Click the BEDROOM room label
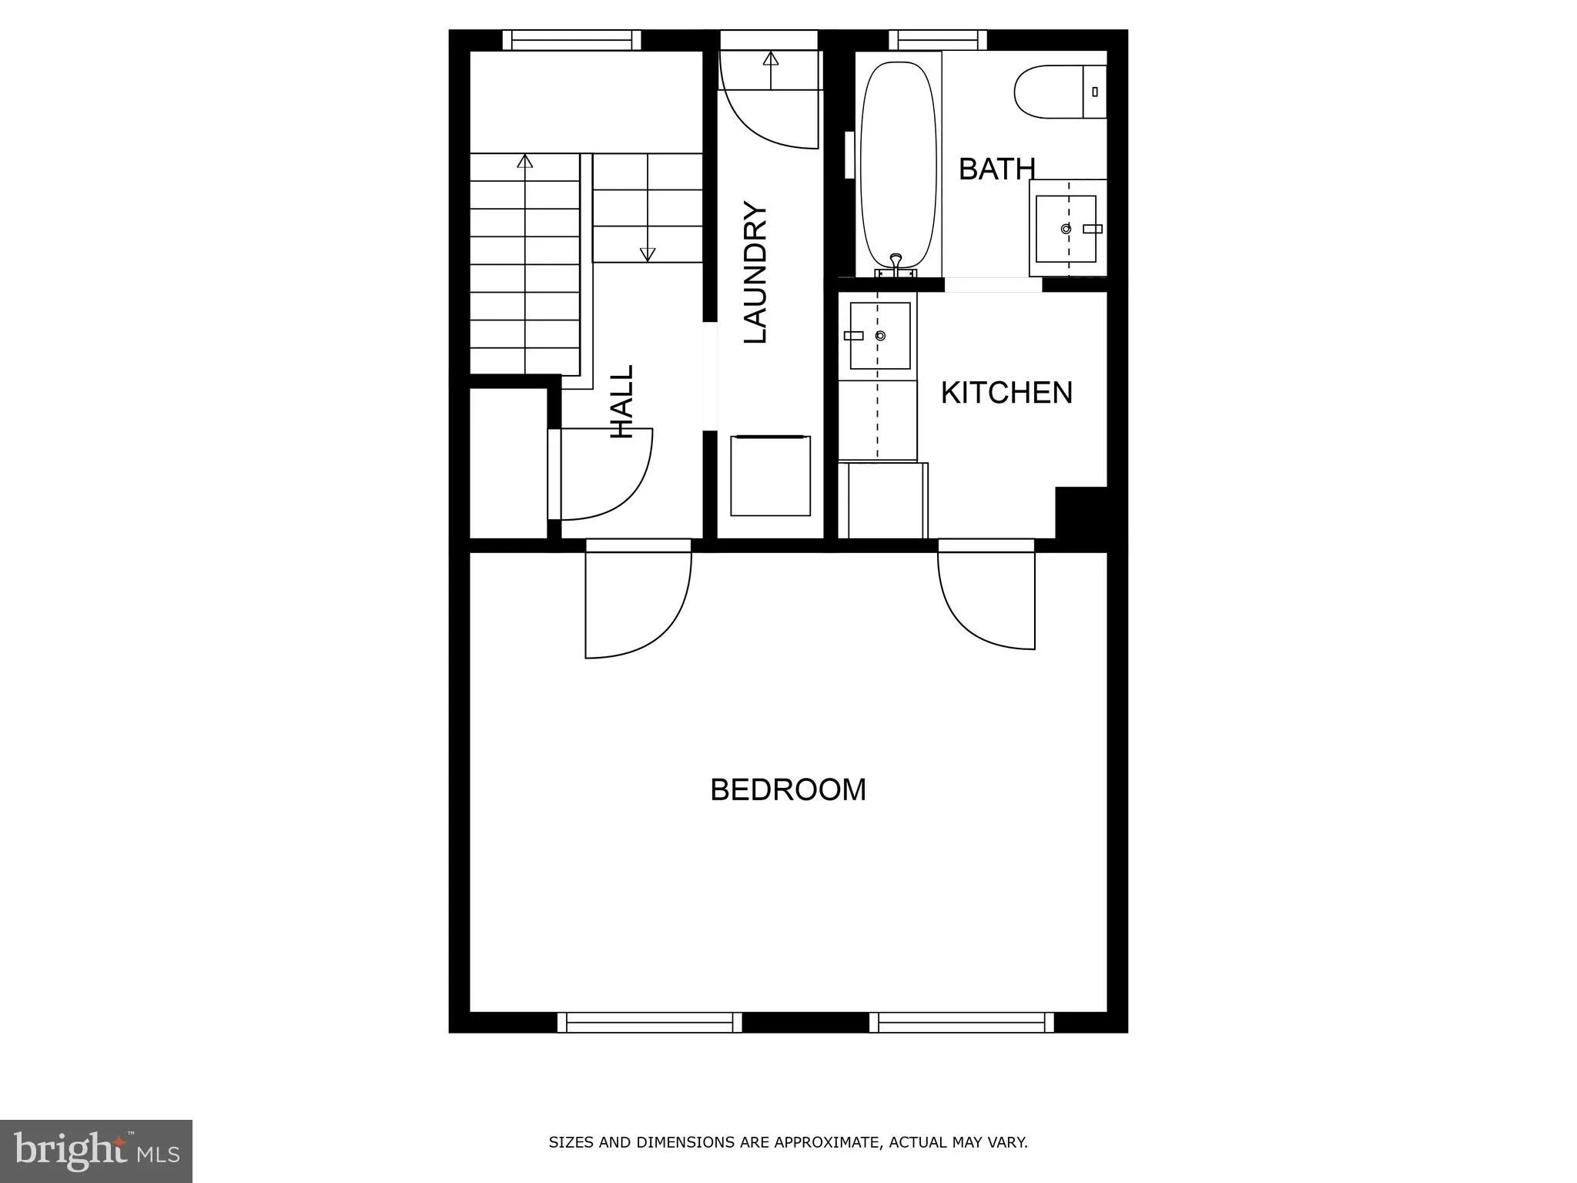tap(788, 790)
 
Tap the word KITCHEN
tap(1006, 393)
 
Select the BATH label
tap(996, 169)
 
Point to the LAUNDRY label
tap(755, 273)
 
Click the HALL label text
tap(621, 402)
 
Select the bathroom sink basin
tap(1066, 229)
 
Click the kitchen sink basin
tap(880, 336)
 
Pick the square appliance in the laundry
tap(770, 476)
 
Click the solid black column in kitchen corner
tap(1080, 512)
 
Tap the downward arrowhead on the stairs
tap(648, 254)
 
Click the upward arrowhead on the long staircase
tap(525, 161)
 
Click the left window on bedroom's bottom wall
tap(649, 1022)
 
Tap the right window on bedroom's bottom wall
tap(962, 1022)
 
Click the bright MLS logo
tap(95, 1151)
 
